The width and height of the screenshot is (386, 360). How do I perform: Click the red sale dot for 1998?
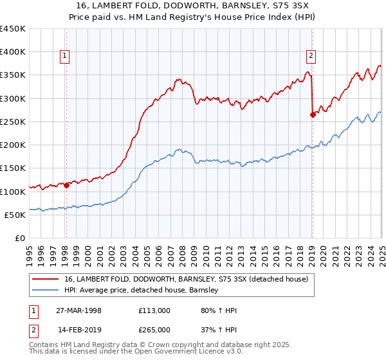point(66,185)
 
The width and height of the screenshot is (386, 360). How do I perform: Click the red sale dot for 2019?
point(313,115)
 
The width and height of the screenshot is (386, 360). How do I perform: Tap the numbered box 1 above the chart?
point(66,56)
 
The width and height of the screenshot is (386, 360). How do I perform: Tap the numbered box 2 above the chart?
point(311,56)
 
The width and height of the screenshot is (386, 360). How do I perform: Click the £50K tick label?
point(15,215)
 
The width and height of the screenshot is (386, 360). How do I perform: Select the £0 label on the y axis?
point(19,239)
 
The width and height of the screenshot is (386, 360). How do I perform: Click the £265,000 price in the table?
point(154,329)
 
